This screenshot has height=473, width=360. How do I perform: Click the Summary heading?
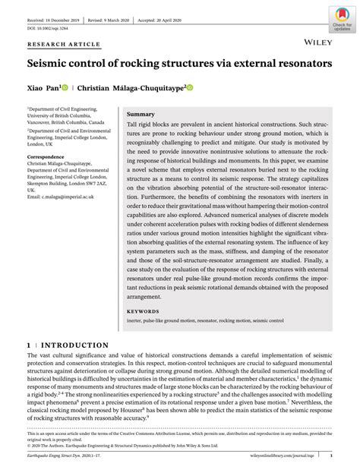(x=141, y=113)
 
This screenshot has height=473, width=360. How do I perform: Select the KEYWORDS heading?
(x=144, y=311)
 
